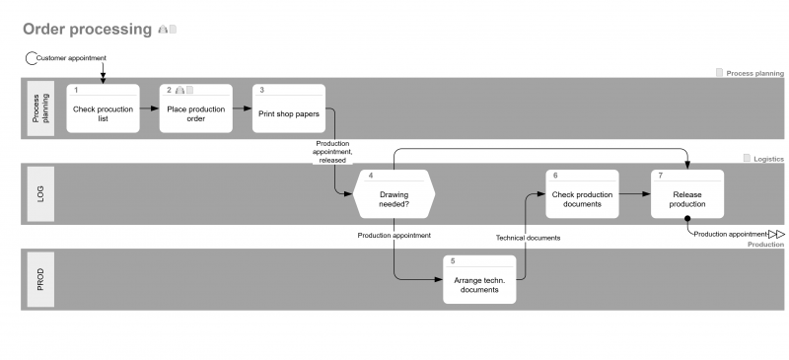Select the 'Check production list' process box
coord(104,113)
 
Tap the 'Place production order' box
coord(196,113)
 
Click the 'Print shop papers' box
coord(288,113)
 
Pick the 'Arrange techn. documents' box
coord(479,284)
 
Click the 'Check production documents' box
coord(582,199)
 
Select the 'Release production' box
coord(686,199)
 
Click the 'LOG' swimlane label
coord(40,194)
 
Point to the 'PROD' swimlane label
coord(40,279)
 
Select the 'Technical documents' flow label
coord(528,238)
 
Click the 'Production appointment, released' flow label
coord(332,151)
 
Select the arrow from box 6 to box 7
coord(634,194)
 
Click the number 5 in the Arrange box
coord(453,261)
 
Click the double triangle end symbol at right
coord(776,234)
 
